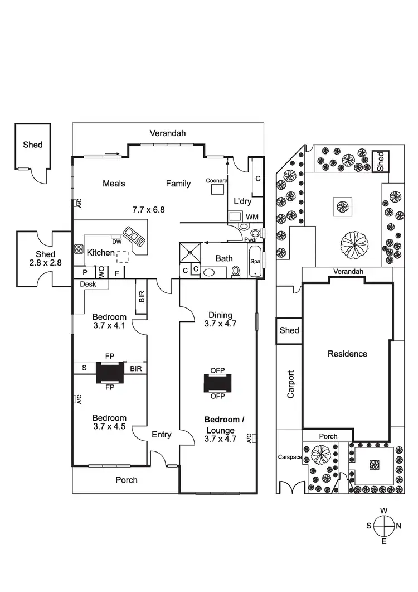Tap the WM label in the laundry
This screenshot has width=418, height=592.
[x=252, y=217]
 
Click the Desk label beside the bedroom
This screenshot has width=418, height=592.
[x=88, y=283]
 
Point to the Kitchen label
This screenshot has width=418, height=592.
[x=100, y=253]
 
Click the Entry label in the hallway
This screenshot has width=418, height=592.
[x=162, y=435]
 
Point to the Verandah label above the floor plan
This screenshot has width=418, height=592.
[x=167, y=133]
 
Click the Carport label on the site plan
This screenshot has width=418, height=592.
[x=290, y=384]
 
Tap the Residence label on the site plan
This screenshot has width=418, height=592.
[x=347, y=353]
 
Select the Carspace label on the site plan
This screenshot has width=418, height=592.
[x=290, y=457]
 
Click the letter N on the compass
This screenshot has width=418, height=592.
[x=398, y=525]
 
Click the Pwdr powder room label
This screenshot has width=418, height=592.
[x=250, y=239]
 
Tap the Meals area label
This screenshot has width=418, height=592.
[x=114, y=184]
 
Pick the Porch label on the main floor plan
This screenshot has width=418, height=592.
[x=126, y=480]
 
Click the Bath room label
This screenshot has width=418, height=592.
[x=224, y=258]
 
